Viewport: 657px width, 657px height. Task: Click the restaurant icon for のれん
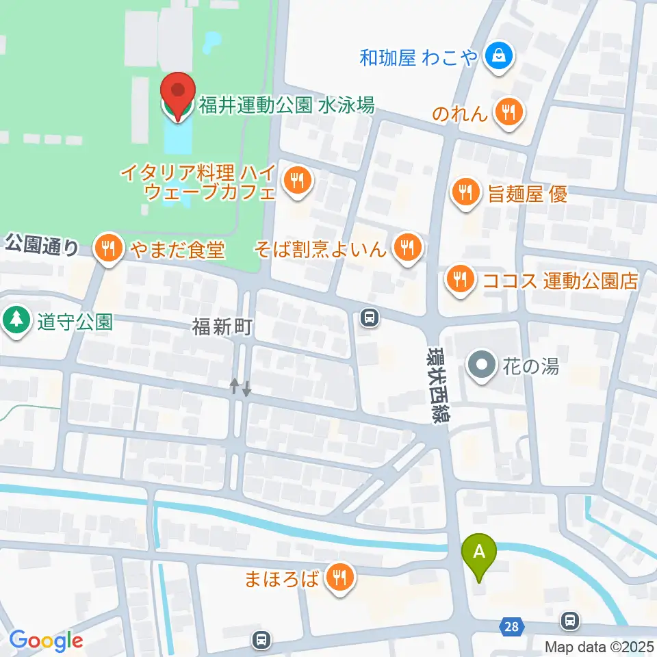[x=508, y=111]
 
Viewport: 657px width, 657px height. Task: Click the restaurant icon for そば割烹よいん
[x=409, y=248]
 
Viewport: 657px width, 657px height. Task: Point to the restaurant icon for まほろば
[x=339, y=579]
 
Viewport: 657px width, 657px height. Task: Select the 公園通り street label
[x=42, y=244]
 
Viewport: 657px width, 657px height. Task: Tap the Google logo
[x=46, y=641]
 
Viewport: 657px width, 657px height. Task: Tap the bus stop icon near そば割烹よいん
[x=370, y=317]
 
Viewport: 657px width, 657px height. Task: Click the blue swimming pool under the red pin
[x=177, y=140]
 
